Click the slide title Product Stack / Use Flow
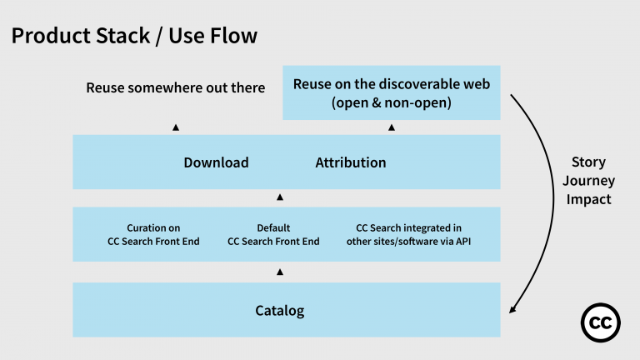click(134, 36)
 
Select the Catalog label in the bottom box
click(279, 311)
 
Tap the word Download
click(216, 162)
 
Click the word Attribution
click(350, 162)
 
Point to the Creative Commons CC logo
click(602, 321)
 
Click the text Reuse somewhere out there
click(175, 87)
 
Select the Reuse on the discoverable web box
click(392, 92)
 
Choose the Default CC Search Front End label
click(273, 235)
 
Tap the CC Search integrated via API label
click(408, 235)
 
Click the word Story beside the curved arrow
click(588, 162)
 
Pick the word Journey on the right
click(588, 181)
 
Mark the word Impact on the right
click(588, 200)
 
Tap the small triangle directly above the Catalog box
click(280, 272)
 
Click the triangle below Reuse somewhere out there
click(176, 127)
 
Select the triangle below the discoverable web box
click(392, 127)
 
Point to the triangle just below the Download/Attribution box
click(280, 197)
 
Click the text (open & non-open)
click(392, 103)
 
